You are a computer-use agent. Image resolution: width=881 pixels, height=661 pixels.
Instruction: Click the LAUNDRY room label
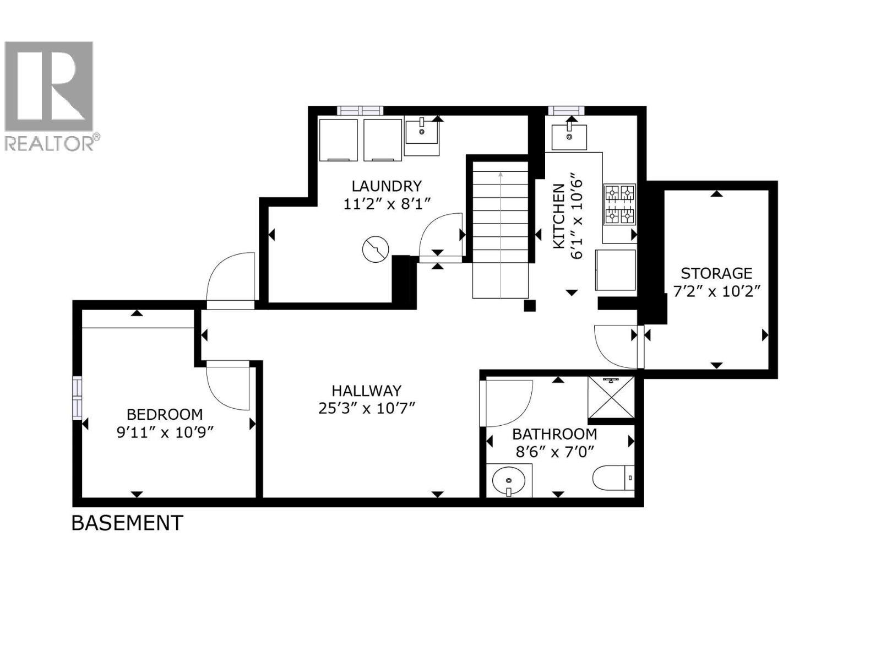[x=387, y=186]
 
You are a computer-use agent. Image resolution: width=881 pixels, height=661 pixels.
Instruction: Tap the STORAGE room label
[x=716, y=273]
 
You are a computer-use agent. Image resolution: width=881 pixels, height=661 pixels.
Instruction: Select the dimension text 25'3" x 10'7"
[x=366, y=408]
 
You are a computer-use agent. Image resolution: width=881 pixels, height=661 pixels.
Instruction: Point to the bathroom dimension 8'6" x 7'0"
[x=554, y=452]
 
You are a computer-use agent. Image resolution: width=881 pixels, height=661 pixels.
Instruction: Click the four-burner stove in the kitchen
[x=620, y=205]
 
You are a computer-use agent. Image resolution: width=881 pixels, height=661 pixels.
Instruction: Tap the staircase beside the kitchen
[x=500, y=231]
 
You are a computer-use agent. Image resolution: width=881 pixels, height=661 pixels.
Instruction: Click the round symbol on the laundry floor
[x=376, y=250]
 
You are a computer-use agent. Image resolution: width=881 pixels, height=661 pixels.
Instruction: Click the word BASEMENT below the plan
[x=127, y=522]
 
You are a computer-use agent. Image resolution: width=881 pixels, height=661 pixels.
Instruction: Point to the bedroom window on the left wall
[x=77, y=398]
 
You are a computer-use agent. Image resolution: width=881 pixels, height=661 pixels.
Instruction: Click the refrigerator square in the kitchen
[x=615, y=270]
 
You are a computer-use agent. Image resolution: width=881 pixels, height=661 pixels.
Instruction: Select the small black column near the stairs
[x=529, y=306]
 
